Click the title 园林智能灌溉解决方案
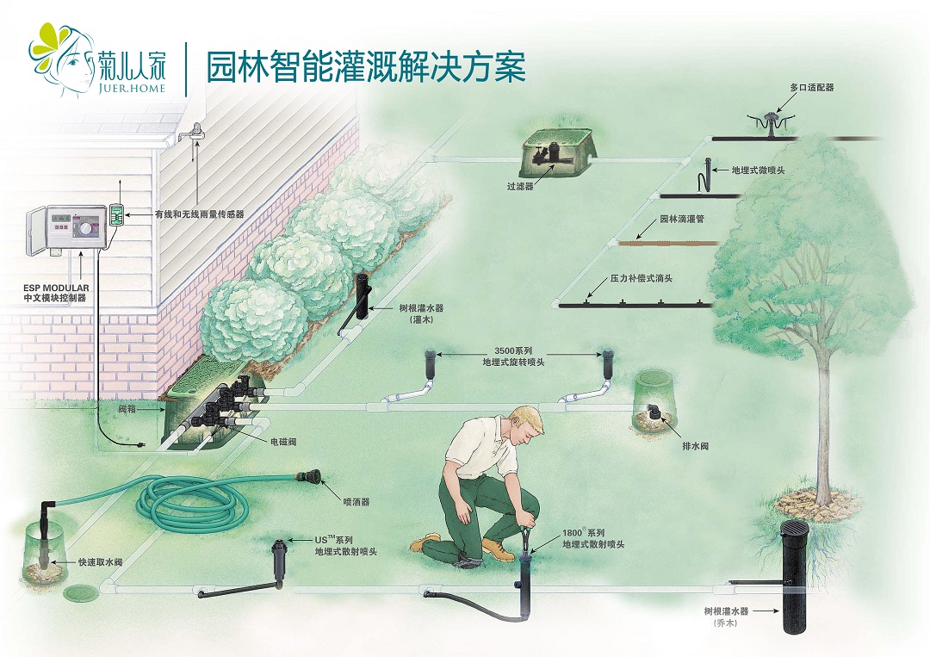365,66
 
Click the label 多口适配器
812,88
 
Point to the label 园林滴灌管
682,220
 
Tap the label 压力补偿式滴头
642,278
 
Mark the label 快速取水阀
100,562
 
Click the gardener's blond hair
526,419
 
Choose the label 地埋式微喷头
758,170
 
